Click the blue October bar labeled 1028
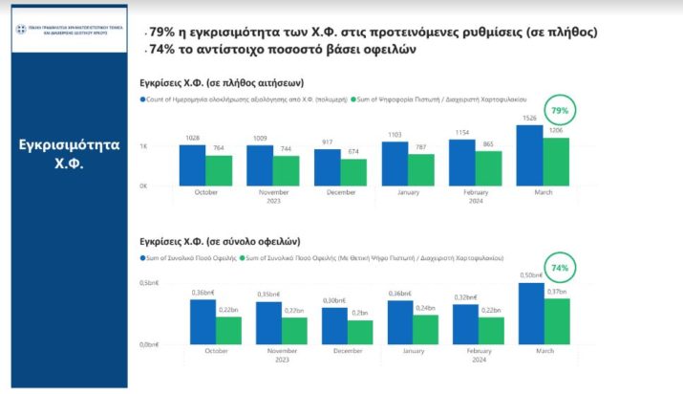(192, 165)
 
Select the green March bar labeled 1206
(557, 162)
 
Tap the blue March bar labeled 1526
(530, 155)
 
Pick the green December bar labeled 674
(353, 172)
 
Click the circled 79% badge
(560, 111)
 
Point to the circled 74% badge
(560, 269)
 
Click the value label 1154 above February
(462, 133)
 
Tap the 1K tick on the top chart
(143, 146)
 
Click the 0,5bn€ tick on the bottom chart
(149, 283)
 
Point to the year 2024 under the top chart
(476, 201)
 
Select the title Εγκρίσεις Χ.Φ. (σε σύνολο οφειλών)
(220, 242)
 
